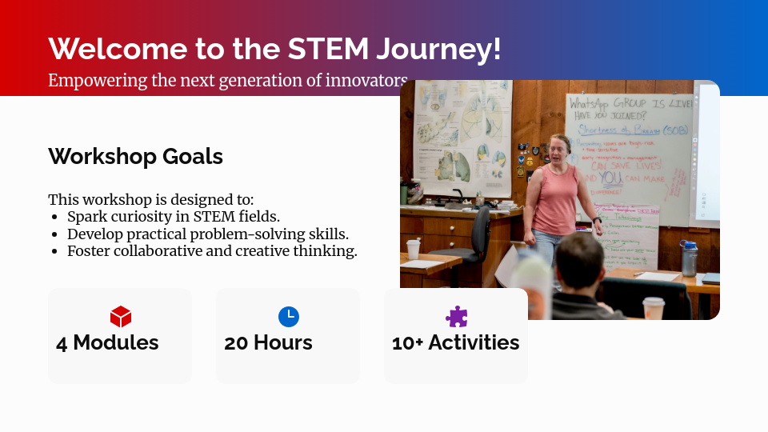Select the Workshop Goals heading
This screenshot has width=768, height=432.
pyautogui.click(x=135, y=156)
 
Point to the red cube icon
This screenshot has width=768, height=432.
pyautogui.click(x=120, y=317)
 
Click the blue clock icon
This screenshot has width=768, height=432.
pyautogui.click(x=288, y=317)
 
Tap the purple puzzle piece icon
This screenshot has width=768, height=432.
pyautogui.click(x=456, y=317)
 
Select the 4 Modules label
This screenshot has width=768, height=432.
pyautogui.click(x=107, y=343)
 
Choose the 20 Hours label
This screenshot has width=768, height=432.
pyautogui.click(x=268, y=343)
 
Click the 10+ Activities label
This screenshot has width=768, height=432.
pyautogui.click(x=455, y=343)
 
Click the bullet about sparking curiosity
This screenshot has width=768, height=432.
pyautogui.click(x=173, y=217)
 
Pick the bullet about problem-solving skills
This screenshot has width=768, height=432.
pyautogui.click(x=207, y=234)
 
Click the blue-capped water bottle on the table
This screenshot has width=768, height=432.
pyautogui.click(x=687, y=258)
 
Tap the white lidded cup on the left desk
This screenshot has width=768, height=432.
pyautogui.click(x=413, y=249)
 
